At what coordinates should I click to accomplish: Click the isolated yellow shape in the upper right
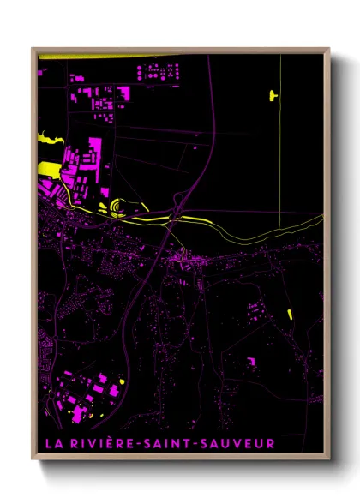point(274,94)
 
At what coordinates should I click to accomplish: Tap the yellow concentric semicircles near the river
point(115,207)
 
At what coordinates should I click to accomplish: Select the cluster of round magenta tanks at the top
point(159,73)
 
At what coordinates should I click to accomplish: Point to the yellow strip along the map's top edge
point(103,57)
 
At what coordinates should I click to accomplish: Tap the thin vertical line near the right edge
point(280,129)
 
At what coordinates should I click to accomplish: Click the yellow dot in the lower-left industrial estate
point(123,381)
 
